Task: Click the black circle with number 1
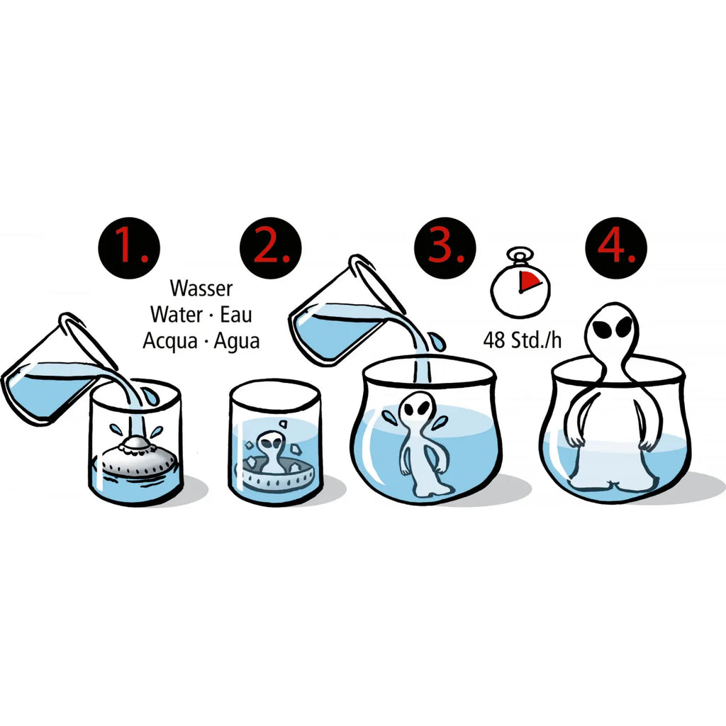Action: tap(129, 247)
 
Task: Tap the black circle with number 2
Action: tap(270, 247)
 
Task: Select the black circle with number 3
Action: tap(445, 247)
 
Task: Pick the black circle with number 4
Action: tap(616, 247)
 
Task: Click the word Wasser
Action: tap(201, 288)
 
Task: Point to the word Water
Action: tap(177, 314)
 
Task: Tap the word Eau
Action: tap(235, 314)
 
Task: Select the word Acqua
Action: tap(170, 342)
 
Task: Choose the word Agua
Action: tap(237, 342)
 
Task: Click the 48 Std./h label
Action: tap(522, 340)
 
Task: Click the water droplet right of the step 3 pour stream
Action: tap(437, 342)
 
